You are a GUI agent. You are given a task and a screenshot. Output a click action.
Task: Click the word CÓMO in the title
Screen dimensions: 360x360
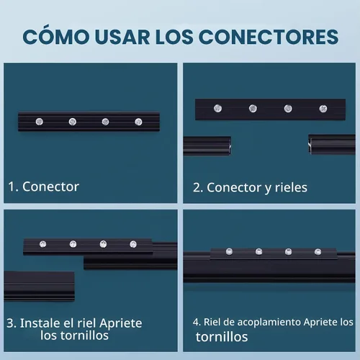(x=55, y=37)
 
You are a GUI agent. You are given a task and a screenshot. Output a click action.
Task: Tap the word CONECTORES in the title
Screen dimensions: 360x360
(x=269, y=37)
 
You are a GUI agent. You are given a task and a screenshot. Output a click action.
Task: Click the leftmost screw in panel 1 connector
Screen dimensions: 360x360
(x=40, y=122)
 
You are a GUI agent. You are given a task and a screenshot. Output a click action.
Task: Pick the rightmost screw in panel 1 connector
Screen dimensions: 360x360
(x=138, y=122)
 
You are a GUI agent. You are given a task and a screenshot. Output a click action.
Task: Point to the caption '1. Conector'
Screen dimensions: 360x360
(x=43, y=186)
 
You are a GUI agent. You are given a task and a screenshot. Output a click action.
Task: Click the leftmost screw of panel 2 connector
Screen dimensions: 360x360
(x=217, y=109)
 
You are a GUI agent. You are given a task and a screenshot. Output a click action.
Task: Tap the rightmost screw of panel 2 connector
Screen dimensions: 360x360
(x=323, y=109)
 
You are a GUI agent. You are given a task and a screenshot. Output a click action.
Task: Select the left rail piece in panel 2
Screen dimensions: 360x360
(x=207, y=146)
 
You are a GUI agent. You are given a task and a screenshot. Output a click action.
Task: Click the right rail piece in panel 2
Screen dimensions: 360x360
(x=332, y=144)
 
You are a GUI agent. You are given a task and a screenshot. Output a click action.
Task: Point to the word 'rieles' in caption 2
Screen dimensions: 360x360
(x=291, y=187)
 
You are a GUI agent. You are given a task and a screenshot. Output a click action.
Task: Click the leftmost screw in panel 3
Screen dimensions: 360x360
(x=42, y=244)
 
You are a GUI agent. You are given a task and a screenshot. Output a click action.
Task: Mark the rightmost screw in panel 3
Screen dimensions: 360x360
(x=133, y=244)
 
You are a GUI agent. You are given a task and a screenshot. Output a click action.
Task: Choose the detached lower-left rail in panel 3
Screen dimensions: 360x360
(x=39, y=286)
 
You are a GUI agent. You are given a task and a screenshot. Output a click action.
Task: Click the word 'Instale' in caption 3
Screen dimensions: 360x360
(x=40, y=323)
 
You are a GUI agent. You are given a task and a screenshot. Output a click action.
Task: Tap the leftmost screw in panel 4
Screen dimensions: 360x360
(x=229, y=252)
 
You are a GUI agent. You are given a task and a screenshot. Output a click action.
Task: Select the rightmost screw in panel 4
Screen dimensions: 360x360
(x=318, y=252)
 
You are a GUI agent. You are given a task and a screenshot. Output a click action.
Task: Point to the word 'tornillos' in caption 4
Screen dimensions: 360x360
(x=222, y=337)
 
